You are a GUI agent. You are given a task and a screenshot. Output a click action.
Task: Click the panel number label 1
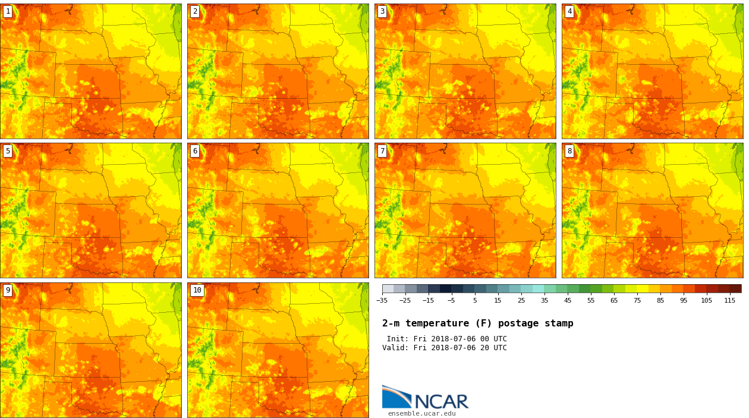point(8,11)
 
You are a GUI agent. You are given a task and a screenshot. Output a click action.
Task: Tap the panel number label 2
point(195,11)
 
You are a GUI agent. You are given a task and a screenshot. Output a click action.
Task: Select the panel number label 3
point(382,11)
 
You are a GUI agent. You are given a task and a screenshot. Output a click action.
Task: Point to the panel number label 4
point(569,11)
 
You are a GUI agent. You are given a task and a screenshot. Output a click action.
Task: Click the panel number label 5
point(8,151)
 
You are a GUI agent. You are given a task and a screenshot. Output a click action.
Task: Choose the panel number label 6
point(195,151)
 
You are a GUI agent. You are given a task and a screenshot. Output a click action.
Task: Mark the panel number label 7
point(382,151)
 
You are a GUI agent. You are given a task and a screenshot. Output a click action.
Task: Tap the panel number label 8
point(569,151)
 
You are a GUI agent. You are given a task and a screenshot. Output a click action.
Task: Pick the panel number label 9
point(8,290)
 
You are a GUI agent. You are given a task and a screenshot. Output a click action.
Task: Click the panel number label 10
point(197,290)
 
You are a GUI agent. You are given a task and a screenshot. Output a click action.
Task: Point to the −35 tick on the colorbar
point(382,300)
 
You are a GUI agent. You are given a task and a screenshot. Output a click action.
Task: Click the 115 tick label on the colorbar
point(729,300)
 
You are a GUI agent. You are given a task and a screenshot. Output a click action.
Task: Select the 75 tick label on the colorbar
point(637,300)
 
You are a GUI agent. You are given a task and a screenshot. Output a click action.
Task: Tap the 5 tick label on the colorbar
point(474,300)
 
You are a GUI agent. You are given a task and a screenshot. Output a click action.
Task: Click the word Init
point(397,339)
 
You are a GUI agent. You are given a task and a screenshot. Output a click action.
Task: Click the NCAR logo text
point(441,401)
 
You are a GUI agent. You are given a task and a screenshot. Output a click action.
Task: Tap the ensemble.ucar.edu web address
point(421,413)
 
